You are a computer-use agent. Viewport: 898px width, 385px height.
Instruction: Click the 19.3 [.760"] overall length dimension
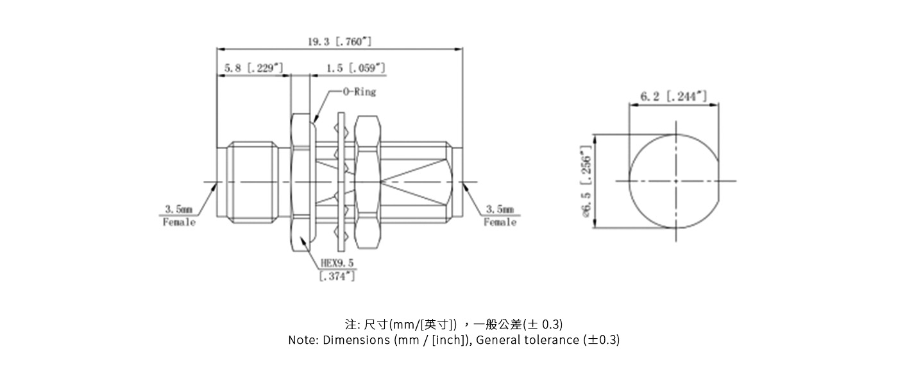coord(339,42)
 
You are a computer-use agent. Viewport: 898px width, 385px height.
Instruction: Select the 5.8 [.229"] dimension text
coord(253,68)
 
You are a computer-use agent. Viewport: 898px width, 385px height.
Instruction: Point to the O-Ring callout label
coord(359,92)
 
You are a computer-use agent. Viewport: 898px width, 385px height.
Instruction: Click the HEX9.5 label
coord(337,263)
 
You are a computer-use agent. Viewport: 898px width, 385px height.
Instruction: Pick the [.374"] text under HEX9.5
coord(337,276)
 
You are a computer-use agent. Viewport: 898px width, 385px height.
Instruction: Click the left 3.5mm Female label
coord(179,216)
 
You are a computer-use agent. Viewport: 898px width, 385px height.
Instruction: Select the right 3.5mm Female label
coord(500,216)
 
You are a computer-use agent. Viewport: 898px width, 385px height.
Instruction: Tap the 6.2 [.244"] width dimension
coord(673,96)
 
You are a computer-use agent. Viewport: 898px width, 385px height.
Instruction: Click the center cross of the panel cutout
coord(675,181)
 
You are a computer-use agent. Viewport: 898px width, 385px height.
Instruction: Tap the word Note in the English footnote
coord(301,340)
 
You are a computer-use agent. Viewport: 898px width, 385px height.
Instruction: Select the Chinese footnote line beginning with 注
coord(453,323)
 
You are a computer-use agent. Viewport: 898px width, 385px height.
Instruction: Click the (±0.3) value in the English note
coord(602,340)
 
